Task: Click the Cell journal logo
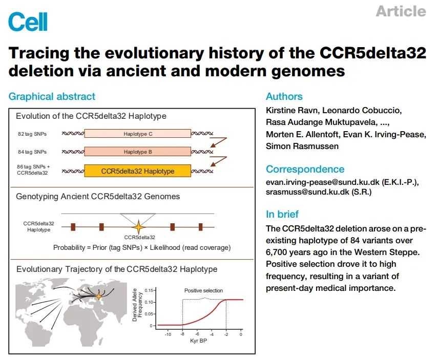tap(28, 22)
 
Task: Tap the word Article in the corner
tap(401, 11)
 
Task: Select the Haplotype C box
tap(138, 134)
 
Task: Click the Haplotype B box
tap(138, 152)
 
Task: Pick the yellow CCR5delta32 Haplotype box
tap(138, 171)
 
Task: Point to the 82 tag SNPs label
tap(32, 134)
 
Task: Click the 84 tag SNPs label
tap(32, 152)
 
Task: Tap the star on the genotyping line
tap(138, 227)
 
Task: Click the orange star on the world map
tap(99, 296)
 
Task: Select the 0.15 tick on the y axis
tap(149, 290)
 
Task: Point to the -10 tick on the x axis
tap(168, 334)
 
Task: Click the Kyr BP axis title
tap(198, 341)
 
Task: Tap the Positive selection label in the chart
tap(203, 290)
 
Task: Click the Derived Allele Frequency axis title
tap(137, 305)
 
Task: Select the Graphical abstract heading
tap(52, 97)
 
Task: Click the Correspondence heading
tap(305, 169)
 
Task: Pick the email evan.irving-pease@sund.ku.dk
tap(323, 182)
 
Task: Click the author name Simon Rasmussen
tap(302, 146)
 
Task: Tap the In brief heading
tap(282, 214)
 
